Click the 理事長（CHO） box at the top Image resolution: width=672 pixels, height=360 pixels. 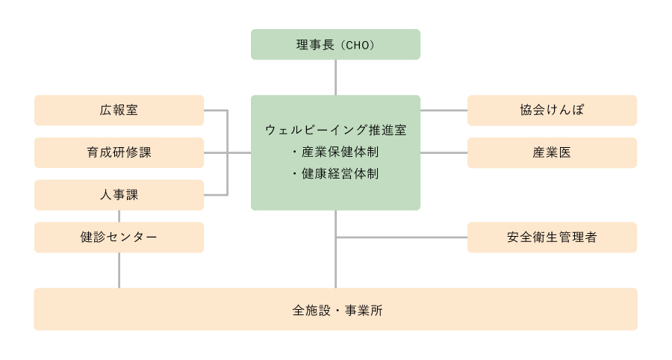click(335, 45)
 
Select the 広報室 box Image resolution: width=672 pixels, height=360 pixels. click(119, 110)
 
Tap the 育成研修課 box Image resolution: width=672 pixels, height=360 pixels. click(119, 152)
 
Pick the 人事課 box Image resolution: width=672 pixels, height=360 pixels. click(119, 195)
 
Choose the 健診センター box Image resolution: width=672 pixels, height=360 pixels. click(119, 238)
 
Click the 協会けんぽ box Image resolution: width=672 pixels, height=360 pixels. click(552, 110)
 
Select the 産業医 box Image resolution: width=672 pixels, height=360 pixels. click(552, 152)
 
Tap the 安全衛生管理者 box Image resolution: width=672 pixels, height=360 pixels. click(552, 238)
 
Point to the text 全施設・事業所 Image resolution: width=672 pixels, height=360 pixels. click(337, 310)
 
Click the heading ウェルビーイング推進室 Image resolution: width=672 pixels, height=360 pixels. click(335, 130)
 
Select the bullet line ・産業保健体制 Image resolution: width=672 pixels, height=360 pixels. click(335, 152)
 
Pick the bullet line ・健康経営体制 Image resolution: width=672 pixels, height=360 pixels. click(335, 173)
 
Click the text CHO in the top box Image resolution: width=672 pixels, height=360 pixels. click(358, 45)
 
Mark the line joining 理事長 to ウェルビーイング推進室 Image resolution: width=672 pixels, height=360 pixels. click(335, 77)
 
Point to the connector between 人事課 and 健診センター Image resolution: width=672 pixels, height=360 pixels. click(119, 217)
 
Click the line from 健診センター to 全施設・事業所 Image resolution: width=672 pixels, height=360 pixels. click(119, 270)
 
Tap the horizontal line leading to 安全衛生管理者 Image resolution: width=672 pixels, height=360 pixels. click(402, 238)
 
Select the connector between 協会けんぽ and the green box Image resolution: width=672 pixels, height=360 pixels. click(444, 110)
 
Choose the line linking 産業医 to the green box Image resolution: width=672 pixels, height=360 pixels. click(444, 152)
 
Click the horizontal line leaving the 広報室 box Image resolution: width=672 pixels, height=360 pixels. click(216, 110)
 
